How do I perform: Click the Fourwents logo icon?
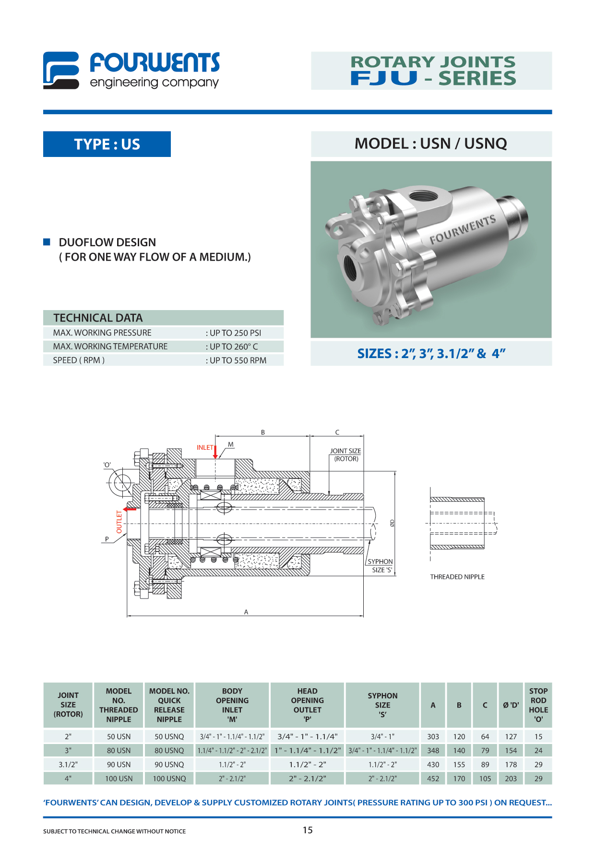coord(61,70)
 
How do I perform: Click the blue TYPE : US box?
coord(107,144)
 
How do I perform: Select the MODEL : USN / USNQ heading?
coord(430,144)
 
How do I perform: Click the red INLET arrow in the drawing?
coord(215,452)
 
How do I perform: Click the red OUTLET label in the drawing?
coord(119,522)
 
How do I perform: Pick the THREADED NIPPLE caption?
coord(457,577)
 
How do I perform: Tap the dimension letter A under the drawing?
coord(246,612)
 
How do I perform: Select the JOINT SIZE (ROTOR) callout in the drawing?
coord(346,455)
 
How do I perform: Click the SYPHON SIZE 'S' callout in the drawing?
coord(380,565)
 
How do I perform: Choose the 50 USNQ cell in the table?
coord(169,736)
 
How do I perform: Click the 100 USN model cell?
coord(119,779)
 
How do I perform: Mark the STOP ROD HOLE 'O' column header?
coord(538,705)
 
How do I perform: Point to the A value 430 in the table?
coord(433,765)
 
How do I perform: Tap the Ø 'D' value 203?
coord(511,779)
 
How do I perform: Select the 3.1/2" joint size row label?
coord(68,765)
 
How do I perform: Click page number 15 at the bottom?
coord(308,830)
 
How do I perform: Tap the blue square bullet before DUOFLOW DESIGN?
coord(47,242)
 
